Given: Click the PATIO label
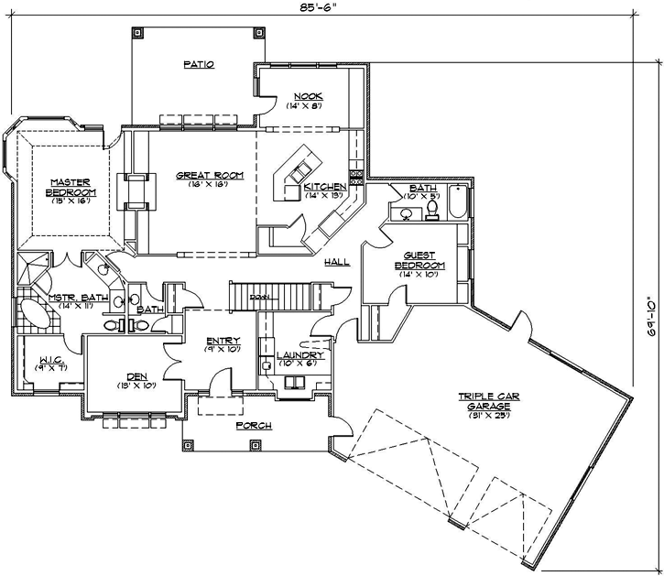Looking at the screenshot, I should click(x=198, y=65).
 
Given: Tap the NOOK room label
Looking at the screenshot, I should click(x=307, y=97).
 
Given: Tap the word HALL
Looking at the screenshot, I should click(x=336, y=262).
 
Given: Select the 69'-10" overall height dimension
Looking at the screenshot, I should click(x=651, y=317).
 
